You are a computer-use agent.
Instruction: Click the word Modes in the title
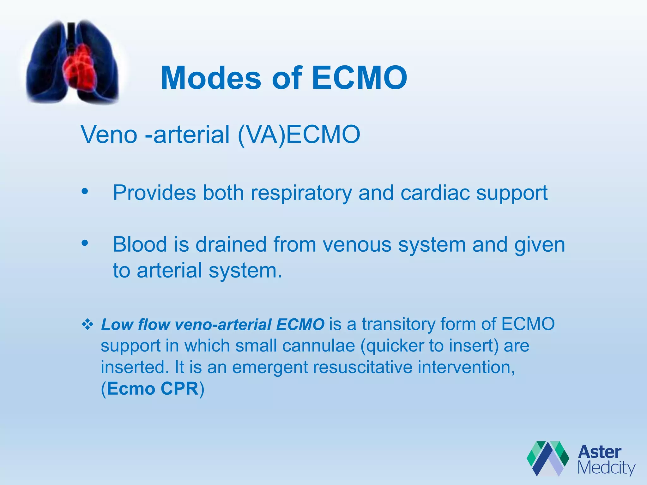(211, 78)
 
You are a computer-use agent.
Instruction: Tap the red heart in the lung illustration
(81, 68)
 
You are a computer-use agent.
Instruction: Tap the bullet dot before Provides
(84, 191)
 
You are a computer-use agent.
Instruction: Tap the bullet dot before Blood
(84, 243)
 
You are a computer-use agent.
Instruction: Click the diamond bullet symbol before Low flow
(88, 324)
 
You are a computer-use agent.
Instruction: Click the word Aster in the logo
(599, 452)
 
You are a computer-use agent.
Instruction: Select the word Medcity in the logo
(606, 468)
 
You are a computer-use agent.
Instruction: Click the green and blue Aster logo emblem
(547, 458)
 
